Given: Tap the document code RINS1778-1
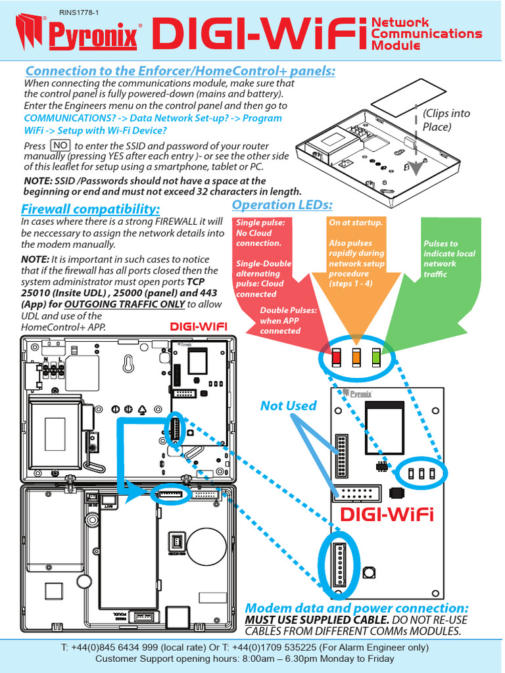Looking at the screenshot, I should click(78, 12).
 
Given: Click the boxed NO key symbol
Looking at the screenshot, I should click(60, 145).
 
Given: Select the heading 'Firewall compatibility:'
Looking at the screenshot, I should click(90, 209).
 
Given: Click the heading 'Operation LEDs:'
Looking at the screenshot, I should click(282, 205).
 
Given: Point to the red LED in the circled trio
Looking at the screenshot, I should click(337, 358).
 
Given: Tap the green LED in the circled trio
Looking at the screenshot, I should click(376, 358).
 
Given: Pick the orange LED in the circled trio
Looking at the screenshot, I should click(356, 358).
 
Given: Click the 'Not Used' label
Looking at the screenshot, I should click(288, 406).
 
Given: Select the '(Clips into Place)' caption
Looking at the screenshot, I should click(446, 120).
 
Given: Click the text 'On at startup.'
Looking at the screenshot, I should click(356, 223).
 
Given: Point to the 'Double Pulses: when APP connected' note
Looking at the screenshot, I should click(289, 320).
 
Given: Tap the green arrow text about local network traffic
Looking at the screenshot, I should click(449, 258).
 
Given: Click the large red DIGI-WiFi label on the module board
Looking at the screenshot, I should click(387, 514).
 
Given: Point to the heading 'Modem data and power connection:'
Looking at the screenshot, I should click(356, 608).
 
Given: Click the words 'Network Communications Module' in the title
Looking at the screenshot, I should click(426, 34).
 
